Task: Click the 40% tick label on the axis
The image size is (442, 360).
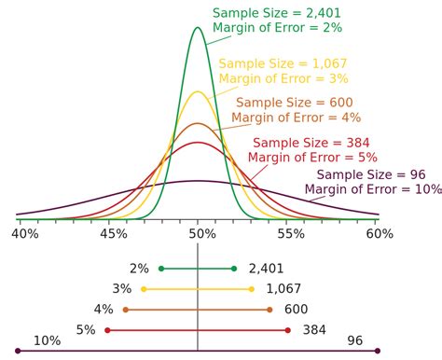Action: [24, 236]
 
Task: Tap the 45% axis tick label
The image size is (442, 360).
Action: [114, 236]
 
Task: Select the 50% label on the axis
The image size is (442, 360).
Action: [200, 236]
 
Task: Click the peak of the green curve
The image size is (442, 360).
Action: [198, 27]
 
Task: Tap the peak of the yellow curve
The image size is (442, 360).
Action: [198, 91]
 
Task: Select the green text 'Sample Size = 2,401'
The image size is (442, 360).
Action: [276, 13]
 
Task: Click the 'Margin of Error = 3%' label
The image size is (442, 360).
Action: [283, 80]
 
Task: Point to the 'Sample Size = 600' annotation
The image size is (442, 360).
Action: [294, 102]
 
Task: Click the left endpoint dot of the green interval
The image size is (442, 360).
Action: [161, 269]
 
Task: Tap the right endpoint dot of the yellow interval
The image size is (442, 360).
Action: [252, 289]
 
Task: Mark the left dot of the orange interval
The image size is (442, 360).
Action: [125, 310]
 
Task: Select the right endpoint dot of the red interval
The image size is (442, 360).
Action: [288, 330]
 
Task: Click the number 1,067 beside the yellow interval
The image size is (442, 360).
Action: [283, 289]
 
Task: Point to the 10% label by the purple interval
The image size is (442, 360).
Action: [47, 341]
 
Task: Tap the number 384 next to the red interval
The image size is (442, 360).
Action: [315, 330]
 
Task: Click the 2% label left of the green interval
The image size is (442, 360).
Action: [139, 269]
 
